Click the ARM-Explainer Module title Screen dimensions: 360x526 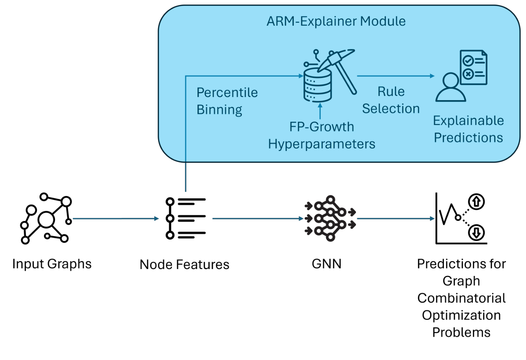coord(336,21)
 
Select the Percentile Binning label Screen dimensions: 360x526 coord(227,101)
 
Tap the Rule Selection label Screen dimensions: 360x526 coord(391,100)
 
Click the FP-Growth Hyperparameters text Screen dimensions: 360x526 coord(322,135)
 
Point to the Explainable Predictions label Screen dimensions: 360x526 coord(468,129)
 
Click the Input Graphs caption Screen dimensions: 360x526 coord(52,264)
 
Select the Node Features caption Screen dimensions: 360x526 coord(184,264)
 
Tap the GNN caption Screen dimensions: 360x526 coord(326,264)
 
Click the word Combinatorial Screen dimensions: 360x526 coord(461,298)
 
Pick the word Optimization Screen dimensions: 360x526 coord(461,315)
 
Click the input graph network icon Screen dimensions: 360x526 coord(46,219)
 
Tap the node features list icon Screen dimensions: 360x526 coord(186,219)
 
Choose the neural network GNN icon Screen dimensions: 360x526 coord(330,219)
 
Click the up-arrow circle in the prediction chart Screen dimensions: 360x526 coord(476,201)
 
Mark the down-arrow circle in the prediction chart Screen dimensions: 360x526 coord(476,232)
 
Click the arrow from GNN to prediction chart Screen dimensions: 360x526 coord(395,219)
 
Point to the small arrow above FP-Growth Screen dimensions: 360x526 coord(320,110)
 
